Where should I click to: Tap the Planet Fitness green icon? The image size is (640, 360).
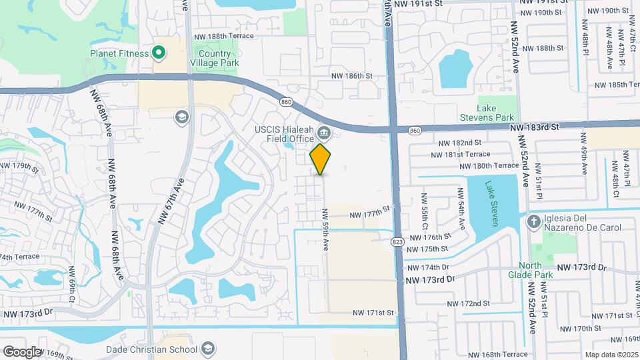(159, 52)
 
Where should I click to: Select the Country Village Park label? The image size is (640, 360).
(215, 59)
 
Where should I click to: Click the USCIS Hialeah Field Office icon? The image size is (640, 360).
(323, 131)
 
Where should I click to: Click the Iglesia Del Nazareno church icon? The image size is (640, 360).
(533, 221)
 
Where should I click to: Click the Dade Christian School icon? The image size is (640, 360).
(208, 349)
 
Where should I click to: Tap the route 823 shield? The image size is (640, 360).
(398, 241)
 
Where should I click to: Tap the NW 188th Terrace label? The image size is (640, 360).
(223, 37)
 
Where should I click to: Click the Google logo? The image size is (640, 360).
(22, 351)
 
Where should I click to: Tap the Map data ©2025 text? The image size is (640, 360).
(611, 355)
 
